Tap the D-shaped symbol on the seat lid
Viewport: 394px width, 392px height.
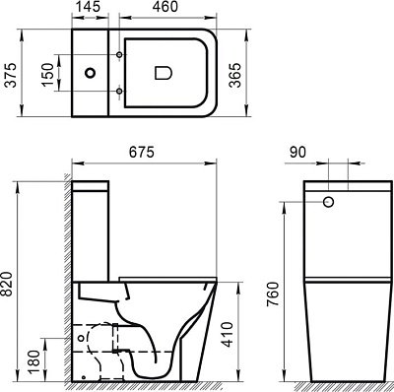pos(164,72)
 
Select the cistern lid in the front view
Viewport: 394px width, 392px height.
pos(341,187)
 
